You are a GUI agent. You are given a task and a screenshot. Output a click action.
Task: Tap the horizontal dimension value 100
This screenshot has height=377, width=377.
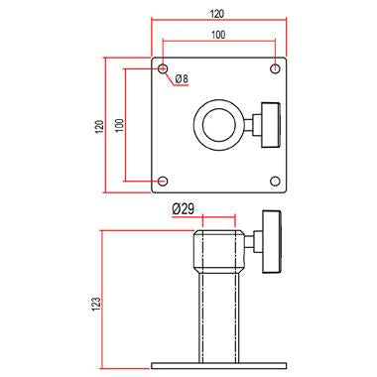click(x=217, y=35)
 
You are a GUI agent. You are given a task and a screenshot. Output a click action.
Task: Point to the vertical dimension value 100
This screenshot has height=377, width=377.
click(x=119, y=126)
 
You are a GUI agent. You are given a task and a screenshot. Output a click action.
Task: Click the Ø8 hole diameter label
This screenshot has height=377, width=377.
click(x=183, y=79)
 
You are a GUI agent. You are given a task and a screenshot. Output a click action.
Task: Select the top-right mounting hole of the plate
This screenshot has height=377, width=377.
click(x=274, y=69)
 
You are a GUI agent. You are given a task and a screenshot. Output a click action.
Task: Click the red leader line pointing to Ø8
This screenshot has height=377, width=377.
click(x=169, y=75)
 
